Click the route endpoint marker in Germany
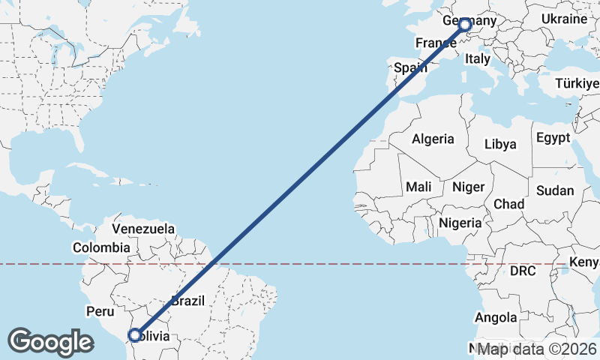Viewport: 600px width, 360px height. [465, 25]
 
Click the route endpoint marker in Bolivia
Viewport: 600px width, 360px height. [135, 335]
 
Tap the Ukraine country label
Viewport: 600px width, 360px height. [563, 18]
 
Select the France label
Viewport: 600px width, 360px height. [435, 43]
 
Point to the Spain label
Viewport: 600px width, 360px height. [410, 67]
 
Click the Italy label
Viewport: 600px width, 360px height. [478, 58]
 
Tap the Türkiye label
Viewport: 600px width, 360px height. [578, 83]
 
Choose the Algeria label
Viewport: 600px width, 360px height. [433, 139]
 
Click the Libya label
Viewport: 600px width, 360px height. [501, 144]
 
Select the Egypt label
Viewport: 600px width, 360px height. [553, 138]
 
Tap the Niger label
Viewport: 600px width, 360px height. [469, 187]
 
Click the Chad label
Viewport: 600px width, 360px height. [508, 204]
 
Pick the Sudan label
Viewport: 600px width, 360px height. [555, 190]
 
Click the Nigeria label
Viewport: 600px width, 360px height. [460, 223]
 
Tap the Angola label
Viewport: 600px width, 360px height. [496, 318]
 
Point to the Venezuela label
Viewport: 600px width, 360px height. [143, 228]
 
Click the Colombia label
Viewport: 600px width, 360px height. [101, 247]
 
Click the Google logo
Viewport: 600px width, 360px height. [50, 342]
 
